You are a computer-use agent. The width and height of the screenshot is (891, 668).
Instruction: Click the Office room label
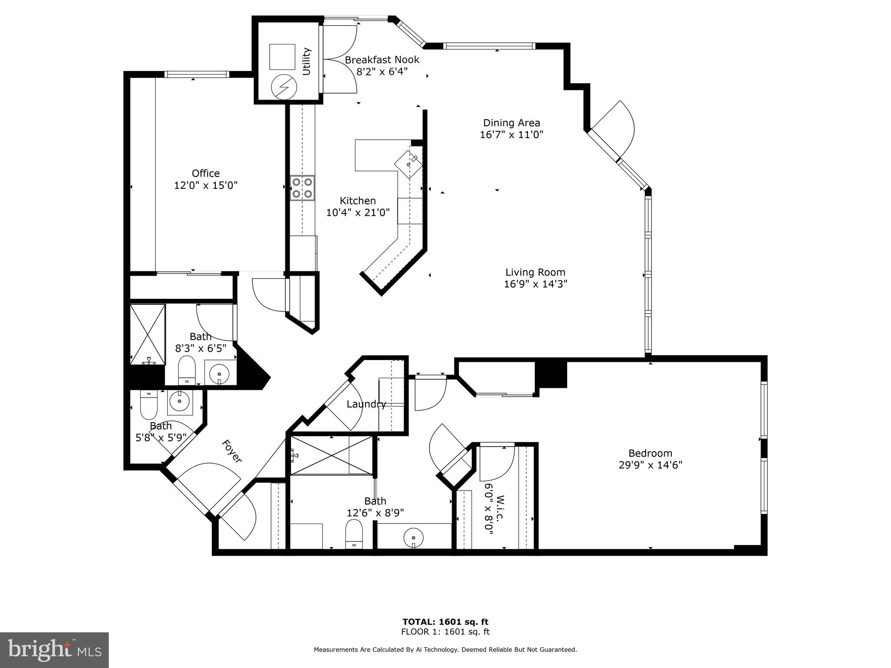[x=205, y=174]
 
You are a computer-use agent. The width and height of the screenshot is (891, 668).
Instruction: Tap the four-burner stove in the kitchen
[x=302, y=188]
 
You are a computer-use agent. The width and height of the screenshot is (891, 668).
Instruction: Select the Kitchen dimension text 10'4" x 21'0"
[x=358, y=213]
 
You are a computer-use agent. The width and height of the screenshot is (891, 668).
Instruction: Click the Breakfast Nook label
[x=382, y=60]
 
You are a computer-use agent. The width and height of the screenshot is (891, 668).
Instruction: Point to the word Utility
[x=307, y=61]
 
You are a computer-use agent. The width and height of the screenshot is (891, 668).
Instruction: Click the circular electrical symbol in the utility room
[x=284, y=87]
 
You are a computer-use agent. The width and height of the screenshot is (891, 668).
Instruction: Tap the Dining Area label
[x=511, y=123]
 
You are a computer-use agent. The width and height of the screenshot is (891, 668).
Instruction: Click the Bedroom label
[x=650, y=453]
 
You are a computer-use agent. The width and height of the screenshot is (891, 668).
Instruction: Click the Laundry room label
[x=366, y=404]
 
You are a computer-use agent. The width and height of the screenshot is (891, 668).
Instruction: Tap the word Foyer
[x=231, y=451]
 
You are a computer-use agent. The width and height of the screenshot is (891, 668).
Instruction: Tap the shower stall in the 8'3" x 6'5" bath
[x=148, y=334]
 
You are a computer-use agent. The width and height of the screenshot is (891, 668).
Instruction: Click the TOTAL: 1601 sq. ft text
[x=445, y=622]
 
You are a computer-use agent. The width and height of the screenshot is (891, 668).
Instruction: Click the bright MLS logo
[x=54, y=650]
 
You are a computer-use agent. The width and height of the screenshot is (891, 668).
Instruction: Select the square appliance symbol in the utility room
[x=282, y=57]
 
